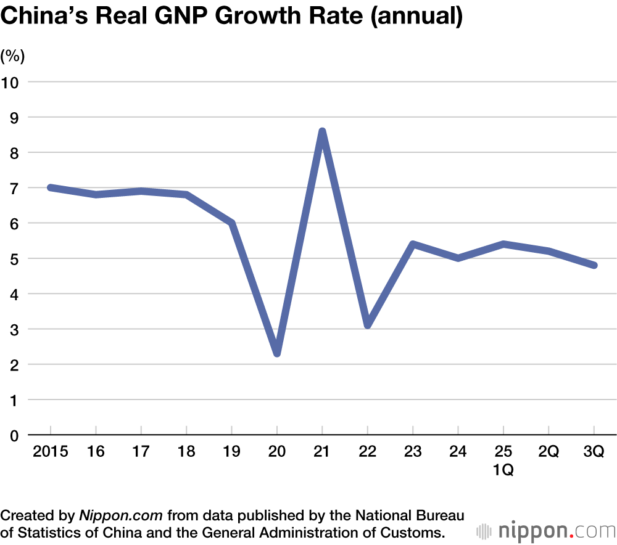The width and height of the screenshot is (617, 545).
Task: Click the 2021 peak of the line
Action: (322, 131)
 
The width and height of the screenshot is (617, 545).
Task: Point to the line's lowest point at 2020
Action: (277, 353)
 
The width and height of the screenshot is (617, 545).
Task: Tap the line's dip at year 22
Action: (368, 324)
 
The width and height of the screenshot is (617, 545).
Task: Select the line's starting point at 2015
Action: (51, 187)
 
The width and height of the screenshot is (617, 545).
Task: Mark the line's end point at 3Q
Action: (594, 265)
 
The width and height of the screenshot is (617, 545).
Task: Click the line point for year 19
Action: (232, 223)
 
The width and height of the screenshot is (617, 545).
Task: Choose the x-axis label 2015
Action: (50, 452)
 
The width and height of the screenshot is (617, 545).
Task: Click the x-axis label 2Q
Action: (548, 452)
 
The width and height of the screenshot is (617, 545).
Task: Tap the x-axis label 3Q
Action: (594, 452)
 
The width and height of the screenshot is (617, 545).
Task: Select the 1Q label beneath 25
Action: (503, 470)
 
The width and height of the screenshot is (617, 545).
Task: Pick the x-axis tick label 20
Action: (277, 452)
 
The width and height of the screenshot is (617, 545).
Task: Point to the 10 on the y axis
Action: (12, 81)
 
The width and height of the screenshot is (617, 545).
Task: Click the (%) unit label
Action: (12, 56)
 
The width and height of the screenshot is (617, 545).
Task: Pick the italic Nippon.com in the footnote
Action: (121, 515)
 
